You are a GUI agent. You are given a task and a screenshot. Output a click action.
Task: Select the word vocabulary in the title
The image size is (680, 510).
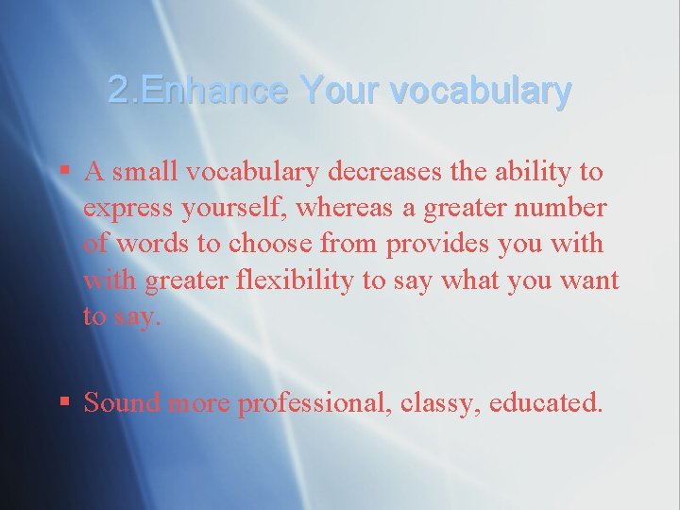480,92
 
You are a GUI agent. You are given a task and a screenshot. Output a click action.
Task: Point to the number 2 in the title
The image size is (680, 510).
117,92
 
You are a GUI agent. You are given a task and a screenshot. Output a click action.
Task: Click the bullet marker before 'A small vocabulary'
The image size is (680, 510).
64,171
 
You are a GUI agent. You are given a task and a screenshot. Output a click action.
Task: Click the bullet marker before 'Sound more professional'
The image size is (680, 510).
64,401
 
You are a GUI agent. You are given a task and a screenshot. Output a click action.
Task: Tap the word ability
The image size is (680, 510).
531,172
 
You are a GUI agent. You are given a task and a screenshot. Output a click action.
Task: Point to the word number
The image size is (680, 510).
566,209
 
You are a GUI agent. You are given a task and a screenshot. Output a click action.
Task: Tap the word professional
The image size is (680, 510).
314,402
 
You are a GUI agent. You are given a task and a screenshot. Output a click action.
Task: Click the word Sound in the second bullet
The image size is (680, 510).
122,402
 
